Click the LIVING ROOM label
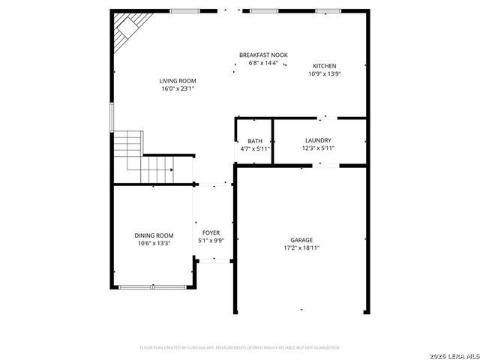click(x=177, y=81)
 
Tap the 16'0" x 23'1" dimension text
click(x=177, y=88)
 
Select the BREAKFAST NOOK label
click(x=263, y=55)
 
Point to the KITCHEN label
click(x=324, y=66)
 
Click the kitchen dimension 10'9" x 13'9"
click(x=324, y=73)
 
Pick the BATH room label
click(x=255, y=141)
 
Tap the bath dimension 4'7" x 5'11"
click(x=255, y=148)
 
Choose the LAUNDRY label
click(x=318, y=140)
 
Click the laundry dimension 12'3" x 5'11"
click(x=318, y=148)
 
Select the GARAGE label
click(x=301, y=240)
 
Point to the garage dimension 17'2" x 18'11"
click(x=301, y=247)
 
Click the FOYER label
click(x=211, y=233)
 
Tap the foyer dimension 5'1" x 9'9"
click(x=211, y=241)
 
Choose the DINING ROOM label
click(x=154, y=235)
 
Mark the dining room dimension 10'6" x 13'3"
click(x=154, y=242)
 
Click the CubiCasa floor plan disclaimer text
click(x=240, y=348)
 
